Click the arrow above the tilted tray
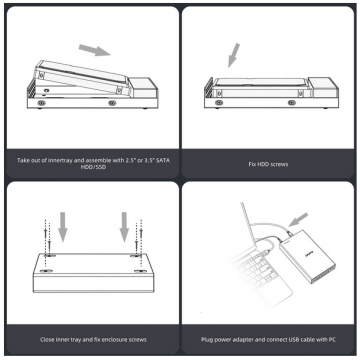point(95,50)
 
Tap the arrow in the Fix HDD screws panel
point(234,55)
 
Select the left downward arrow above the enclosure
point(63,227)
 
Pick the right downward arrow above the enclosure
point(124,227)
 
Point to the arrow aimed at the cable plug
point(298,220)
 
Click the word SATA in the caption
point(163,160)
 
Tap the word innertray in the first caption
point(62,160)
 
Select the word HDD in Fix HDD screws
point(263,164)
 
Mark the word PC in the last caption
point(332,340)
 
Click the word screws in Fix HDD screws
point(279,164)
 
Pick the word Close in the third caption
point(47,340)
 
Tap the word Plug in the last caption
point(206,340)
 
